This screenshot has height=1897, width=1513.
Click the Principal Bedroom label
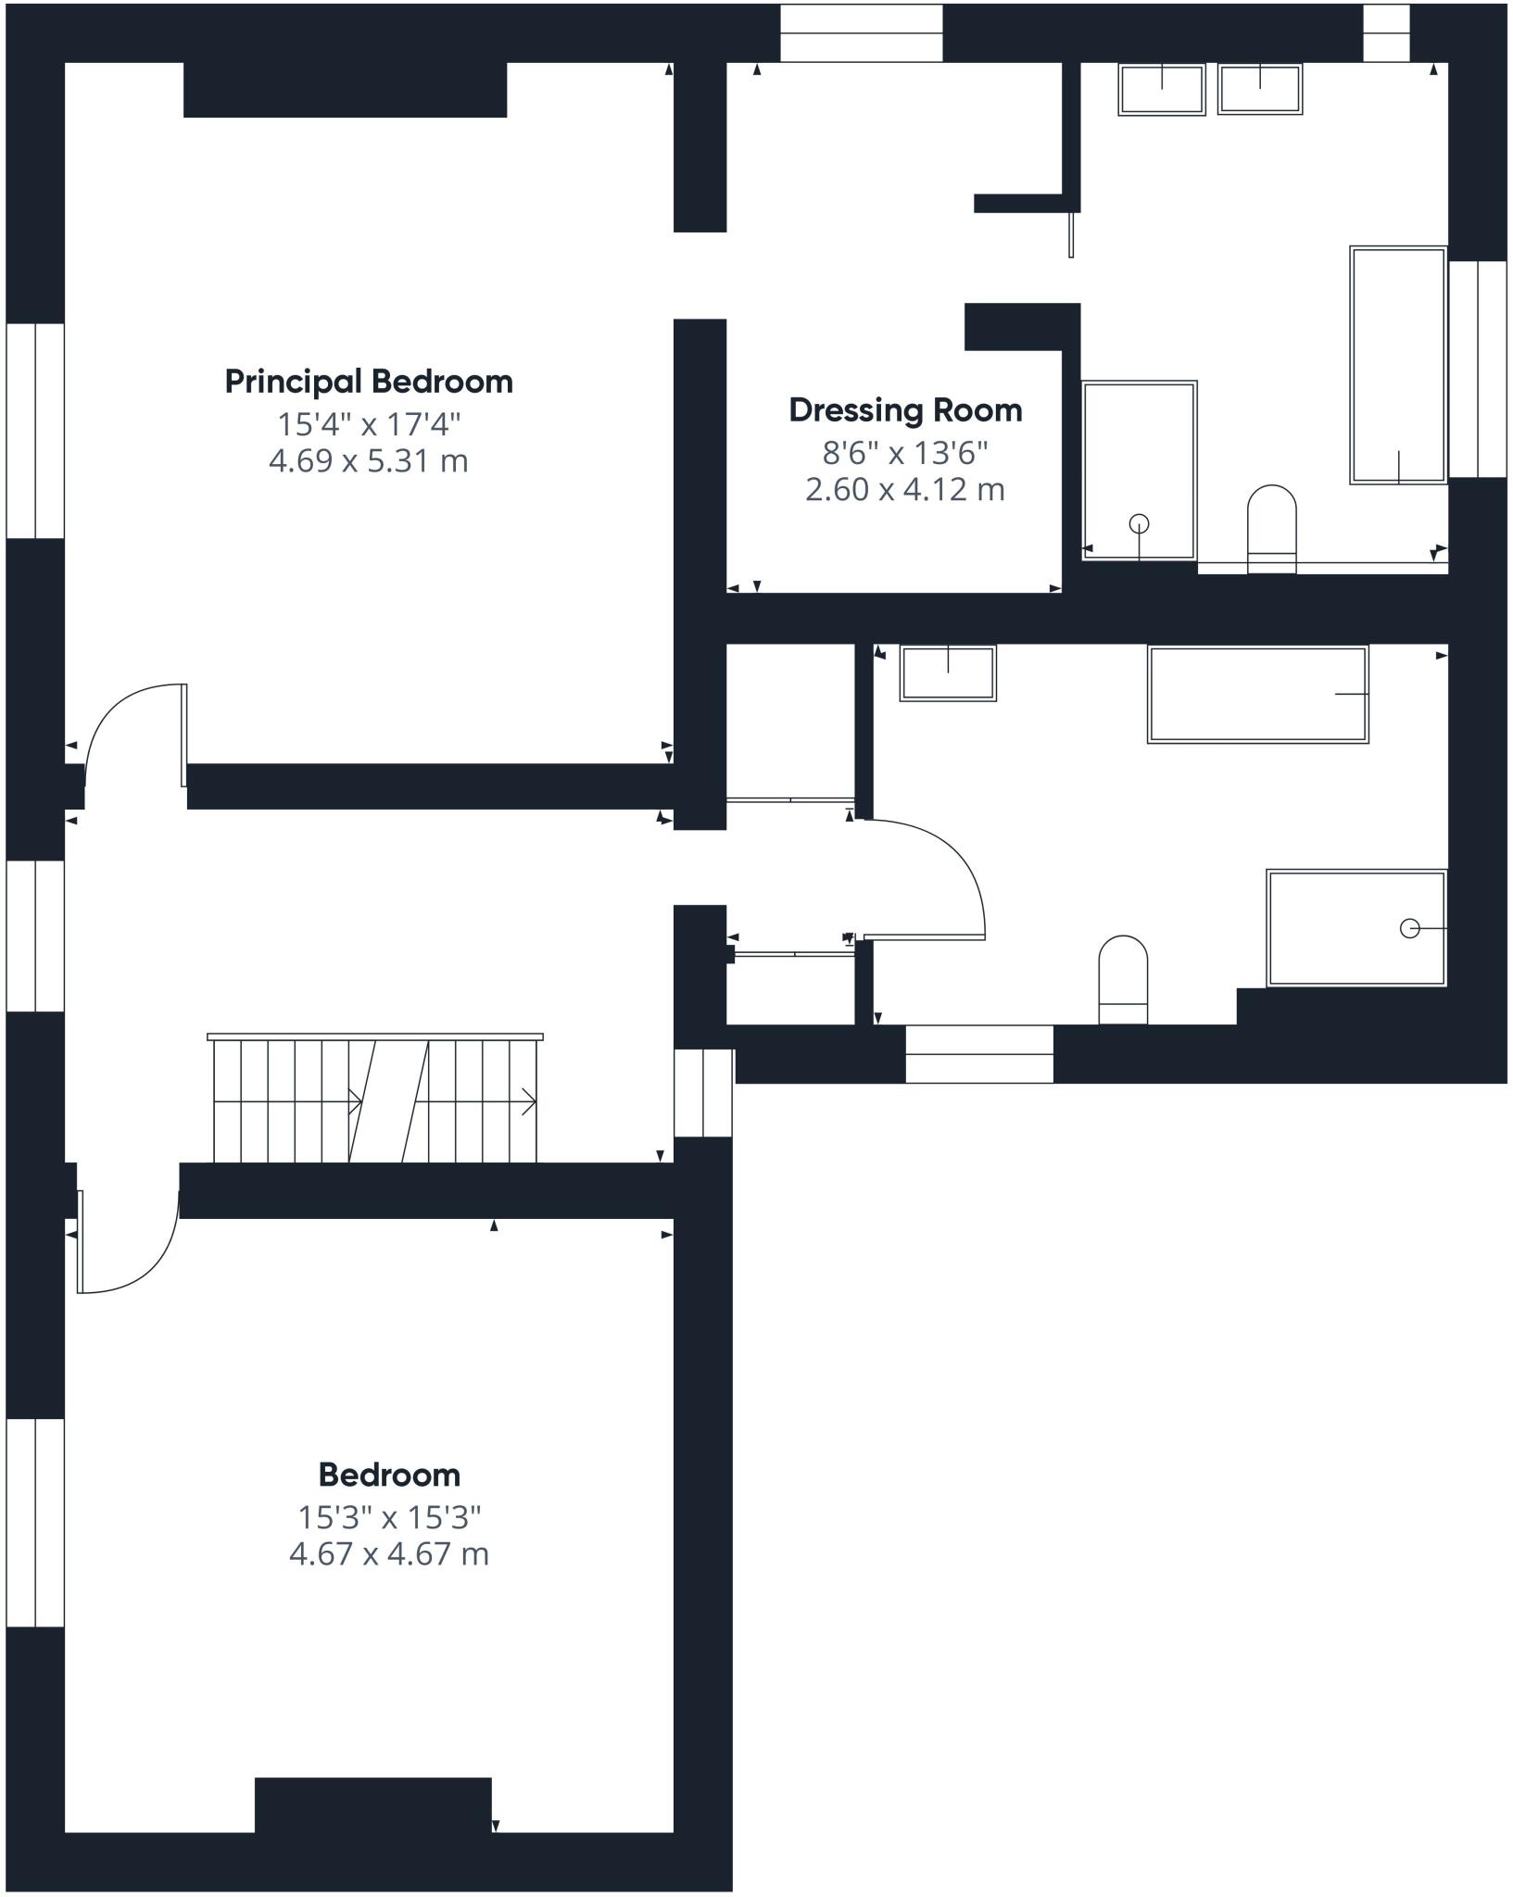(x=369, y=382)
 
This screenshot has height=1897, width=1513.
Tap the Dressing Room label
(x=905, y=410)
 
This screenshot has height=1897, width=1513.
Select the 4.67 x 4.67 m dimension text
(x=388, y=1553)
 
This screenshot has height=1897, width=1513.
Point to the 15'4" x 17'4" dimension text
(x=369, y=424)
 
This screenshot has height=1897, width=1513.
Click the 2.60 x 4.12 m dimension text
(x=905, y=489)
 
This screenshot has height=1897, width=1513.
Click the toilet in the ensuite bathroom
(x=1271, y=528)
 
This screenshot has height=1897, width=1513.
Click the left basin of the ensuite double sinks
(x=1162, y=89)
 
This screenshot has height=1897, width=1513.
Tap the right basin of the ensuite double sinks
(x=1260, y=89)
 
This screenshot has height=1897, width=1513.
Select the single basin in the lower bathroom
(x=948, y=672)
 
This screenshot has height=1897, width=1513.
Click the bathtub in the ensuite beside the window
(x=1398, y=364)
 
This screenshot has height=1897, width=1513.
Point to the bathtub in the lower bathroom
(x=1257, y=694)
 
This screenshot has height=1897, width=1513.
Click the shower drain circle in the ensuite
(x=1140, y=524)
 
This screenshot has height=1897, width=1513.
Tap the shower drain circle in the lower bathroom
(x=1409, y=928)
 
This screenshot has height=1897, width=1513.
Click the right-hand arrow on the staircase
(x=529, y=1101)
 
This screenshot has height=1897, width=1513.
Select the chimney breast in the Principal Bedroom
(x=345, y=90)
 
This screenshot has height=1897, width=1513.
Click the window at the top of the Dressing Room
(x=861, y=33)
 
